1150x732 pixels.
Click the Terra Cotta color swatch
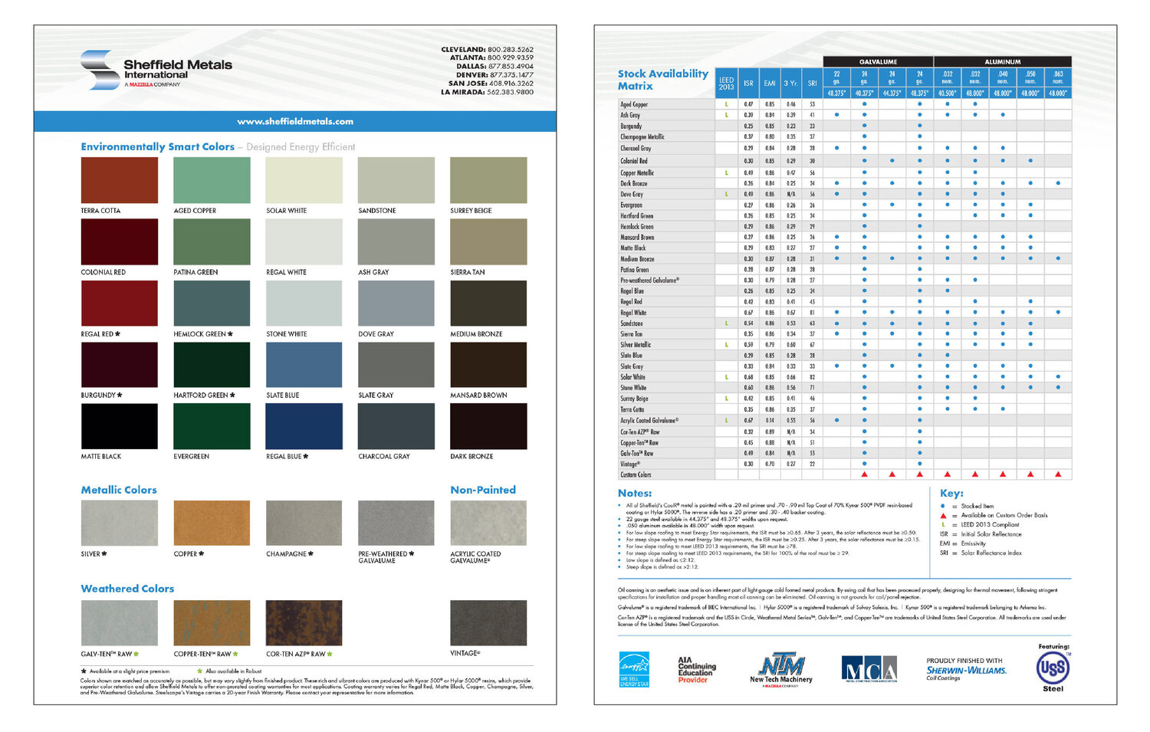click(119, 180)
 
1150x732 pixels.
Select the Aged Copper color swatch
click(212, 180)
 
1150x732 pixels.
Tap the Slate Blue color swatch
click(304, 365)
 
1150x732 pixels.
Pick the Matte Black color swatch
click(119, 426)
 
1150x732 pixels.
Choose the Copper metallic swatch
click(212, 523)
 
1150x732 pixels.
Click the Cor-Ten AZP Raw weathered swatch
click(304, 622)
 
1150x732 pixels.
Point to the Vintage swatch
click(488, 622)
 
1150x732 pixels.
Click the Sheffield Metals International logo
click(156, 70)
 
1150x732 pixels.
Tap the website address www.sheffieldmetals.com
click(295, 121)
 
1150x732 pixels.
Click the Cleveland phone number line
click(487, 49)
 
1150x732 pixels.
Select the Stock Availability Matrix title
click(662, 80)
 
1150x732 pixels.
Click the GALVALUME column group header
click(878, 61)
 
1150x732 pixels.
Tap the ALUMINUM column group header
click(1002, 61)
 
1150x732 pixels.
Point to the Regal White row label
click(633, 313)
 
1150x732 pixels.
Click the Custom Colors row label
click(636, 474)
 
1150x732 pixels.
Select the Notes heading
click(635, 494)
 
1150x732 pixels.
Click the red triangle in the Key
click(943, 515)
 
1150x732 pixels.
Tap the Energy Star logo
click(634, 668)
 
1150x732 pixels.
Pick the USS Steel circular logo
click(1053, 668)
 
